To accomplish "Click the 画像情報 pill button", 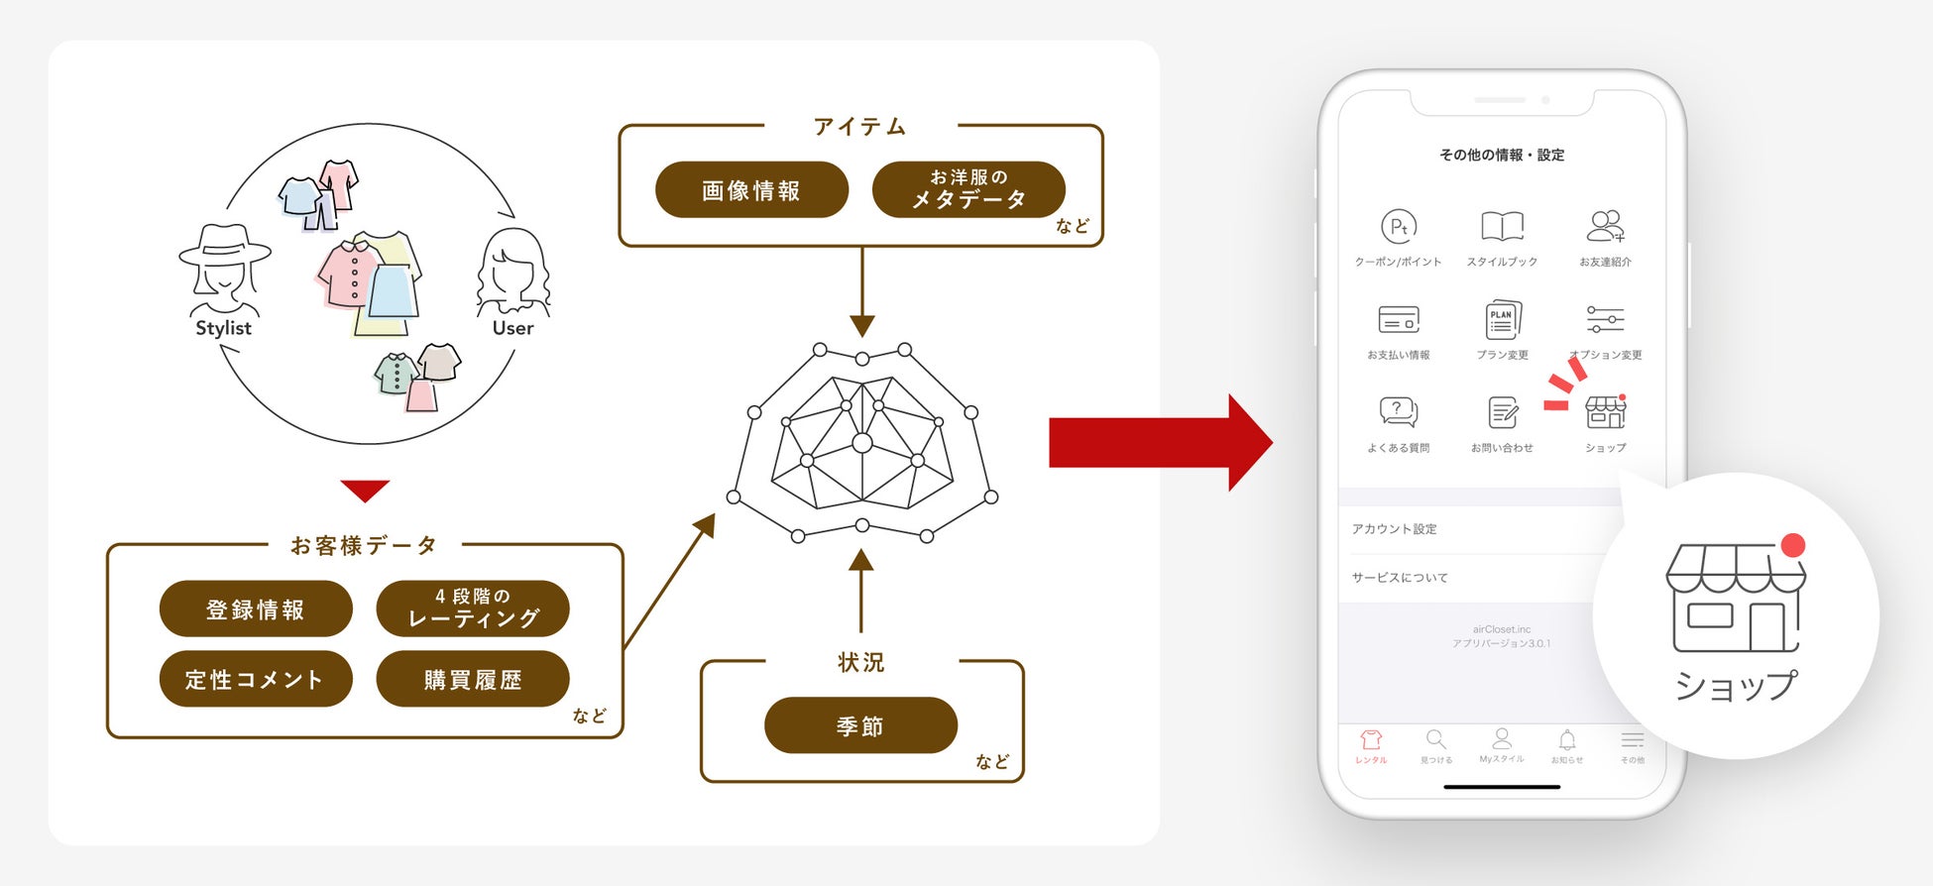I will (x=751, y=190).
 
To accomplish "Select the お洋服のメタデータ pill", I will (x=968, y=189).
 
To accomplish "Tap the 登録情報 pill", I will (x=256, y=609).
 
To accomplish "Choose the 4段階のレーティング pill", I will (x=473, y=609).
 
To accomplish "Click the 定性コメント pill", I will (x=256, y=679).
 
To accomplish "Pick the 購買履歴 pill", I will (x=473, y=679).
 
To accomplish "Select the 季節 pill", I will (x=860, y=725).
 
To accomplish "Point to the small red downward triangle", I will (x=365, y=490).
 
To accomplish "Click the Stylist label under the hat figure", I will (x=223, y=328).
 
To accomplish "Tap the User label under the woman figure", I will (x=512, y=328).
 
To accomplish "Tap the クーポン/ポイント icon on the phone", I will (x=1399, y=227).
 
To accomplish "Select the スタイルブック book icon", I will (x=1502, y=227).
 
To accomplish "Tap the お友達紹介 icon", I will (x=1605, y=227).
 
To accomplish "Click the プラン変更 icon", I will (x=1502, y=320).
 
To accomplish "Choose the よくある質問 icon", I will (x=1399, y=411).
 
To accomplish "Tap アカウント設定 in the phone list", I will (x=1395, y=529).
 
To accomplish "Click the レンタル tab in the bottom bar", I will (x=1371, y=745).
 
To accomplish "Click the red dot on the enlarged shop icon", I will (x=1792, y=545).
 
